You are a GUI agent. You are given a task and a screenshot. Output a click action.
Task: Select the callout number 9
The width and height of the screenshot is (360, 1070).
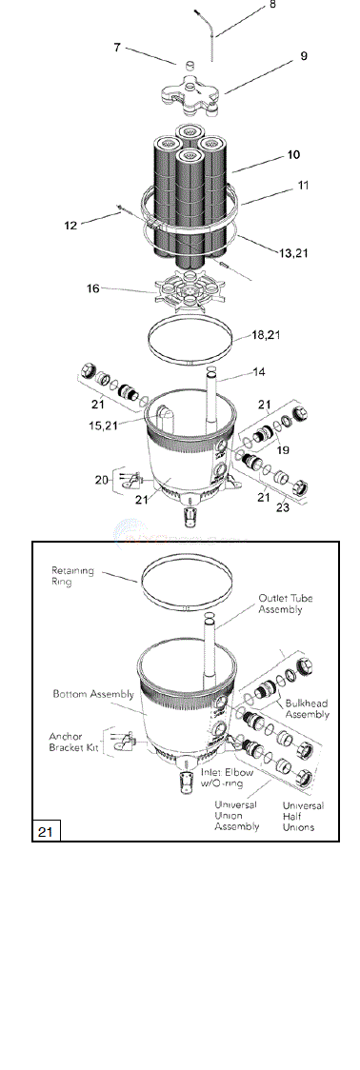click(303, 56)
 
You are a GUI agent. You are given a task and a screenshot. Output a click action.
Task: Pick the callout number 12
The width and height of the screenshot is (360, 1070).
click(70, 225)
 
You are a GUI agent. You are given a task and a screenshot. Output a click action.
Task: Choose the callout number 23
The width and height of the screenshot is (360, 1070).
click(283, 507)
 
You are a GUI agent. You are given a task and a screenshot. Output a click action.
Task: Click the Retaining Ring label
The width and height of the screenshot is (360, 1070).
click(74, 577)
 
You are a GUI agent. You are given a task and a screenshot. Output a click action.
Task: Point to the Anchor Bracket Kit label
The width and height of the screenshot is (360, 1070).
click(75, 742)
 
